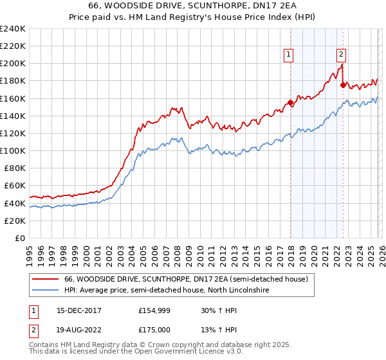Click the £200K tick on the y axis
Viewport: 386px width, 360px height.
[13, 64]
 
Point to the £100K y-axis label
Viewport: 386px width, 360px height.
[13, 150]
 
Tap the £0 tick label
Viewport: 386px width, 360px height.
[20, 238]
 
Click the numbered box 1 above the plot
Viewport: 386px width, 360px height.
[289, 55]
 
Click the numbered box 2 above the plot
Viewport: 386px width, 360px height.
[341, 55]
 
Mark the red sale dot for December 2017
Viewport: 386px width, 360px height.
[290, 102]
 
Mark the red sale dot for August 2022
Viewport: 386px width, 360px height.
[343, 85]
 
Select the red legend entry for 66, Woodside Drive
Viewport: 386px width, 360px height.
[187, 279]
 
